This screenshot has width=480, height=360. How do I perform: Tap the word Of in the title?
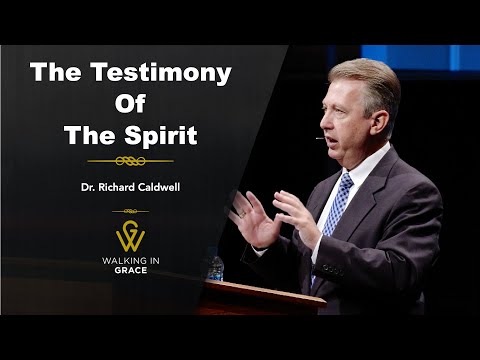pos(130,103)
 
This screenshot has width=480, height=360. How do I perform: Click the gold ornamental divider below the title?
pos(130,159)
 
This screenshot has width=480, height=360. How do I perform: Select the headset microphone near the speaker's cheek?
pos(322,138)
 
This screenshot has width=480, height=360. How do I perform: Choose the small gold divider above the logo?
pos(130,211)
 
